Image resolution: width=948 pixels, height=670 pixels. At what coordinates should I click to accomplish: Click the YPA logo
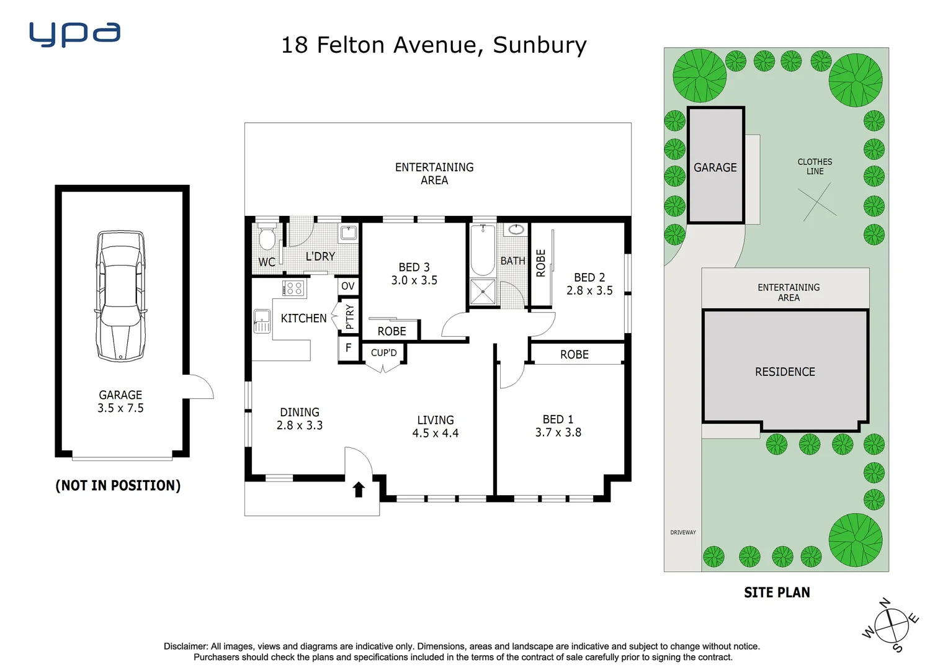(74, 34)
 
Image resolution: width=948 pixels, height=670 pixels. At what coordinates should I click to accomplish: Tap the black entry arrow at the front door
(359, 489)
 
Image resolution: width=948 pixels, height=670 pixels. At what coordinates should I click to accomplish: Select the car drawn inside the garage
(121, 296)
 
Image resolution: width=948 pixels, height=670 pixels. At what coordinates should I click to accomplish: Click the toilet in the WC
(267, 238)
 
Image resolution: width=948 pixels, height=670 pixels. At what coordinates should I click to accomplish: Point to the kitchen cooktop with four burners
(293, 288)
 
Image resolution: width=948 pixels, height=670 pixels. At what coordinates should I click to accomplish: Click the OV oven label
(348, 286)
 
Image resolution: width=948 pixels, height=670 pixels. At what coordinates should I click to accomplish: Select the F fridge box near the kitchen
(348, 348)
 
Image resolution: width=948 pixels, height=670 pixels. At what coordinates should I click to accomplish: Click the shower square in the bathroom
(483, 292)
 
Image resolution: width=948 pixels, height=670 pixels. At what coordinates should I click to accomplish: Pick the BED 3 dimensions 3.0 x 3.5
(414, 280)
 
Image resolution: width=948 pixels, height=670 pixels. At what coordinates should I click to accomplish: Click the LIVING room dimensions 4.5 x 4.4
(435, 434)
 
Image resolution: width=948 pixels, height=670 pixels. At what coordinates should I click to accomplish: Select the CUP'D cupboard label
(383, 353)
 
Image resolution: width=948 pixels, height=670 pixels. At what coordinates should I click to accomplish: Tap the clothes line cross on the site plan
(817, 202)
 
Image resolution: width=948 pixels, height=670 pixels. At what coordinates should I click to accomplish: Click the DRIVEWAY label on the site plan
(682, 532)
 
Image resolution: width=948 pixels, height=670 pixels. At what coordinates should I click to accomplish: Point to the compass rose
(891, 625)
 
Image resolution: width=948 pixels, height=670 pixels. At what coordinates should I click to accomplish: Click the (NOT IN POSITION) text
(118, 486)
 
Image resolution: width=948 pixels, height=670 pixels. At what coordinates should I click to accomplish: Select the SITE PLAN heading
(777, 593)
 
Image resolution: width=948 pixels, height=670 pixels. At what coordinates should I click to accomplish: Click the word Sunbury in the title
(539, 45)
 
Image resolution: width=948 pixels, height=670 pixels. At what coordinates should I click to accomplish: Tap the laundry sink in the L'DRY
(348, 233)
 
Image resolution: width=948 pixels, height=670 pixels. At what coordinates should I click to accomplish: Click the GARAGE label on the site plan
(715, 167)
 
